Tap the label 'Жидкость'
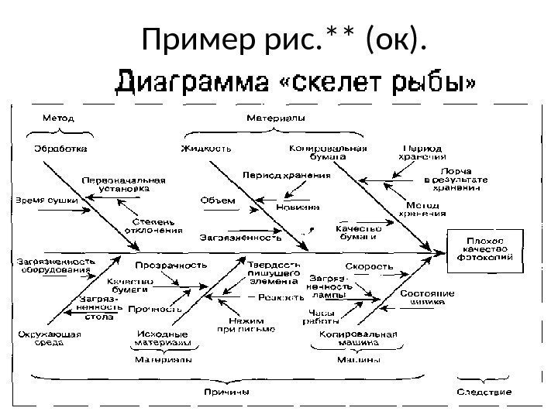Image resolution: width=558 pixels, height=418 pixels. tap(206, 147)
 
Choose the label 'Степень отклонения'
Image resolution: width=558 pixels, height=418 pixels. tap(155, 224)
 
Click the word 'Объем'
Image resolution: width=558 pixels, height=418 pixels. tap(218, 200)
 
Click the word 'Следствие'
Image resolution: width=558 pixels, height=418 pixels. tap(482, 392)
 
